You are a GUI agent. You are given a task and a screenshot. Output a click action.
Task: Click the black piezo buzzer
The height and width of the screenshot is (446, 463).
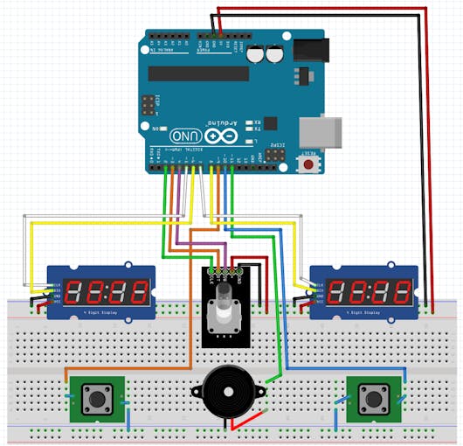tap(225, 391)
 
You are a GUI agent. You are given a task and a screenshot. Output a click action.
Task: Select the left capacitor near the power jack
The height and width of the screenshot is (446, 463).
tap(257, 54)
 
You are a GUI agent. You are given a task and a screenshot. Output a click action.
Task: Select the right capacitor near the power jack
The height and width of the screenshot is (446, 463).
tap(274, 54)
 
